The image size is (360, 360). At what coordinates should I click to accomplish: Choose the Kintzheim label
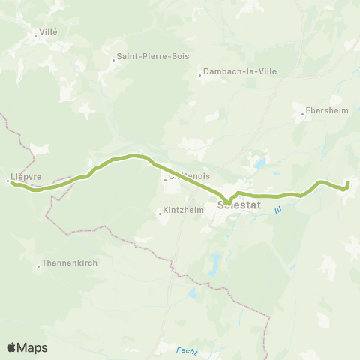184,211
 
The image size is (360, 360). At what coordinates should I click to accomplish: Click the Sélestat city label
238,203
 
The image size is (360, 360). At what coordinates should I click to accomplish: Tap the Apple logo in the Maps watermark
12,347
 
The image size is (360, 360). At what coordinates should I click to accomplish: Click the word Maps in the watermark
32,347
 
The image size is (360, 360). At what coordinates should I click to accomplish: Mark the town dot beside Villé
35,35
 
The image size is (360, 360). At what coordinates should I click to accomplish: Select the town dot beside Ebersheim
302,115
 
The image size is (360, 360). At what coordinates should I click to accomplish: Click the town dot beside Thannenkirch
39,265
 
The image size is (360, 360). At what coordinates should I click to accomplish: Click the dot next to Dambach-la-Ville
199,74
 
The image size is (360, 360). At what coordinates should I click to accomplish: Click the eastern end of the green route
348,181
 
